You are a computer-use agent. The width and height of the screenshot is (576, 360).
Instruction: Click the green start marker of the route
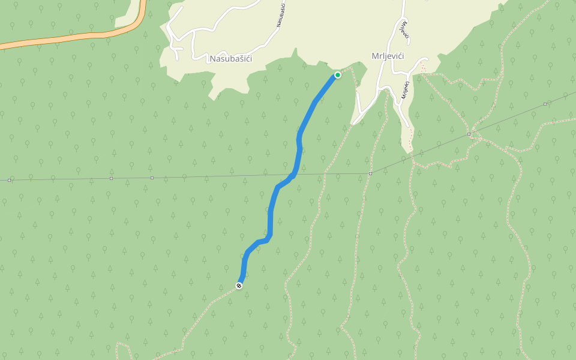tap(337, 75)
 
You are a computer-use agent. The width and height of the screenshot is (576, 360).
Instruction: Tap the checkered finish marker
tap(239, 286)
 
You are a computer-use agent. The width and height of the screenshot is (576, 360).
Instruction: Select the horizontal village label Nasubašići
tap(231, 59)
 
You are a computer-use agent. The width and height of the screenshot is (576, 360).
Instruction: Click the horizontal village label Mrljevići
tap(388, 56)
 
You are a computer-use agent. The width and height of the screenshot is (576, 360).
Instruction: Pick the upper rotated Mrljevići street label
tap(405, 31)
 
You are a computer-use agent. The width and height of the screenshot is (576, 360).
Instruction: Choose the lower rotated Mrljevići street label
tap(405, 90)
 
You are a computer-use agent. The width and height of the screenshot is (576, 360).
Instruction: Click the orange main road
tap(72, 38)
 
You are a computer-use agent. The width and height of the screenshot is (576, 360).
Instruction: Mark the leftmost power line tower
tap(10, 180)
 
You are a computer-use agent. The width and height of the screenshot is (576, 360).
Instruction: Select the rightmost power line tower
tap(545, 104)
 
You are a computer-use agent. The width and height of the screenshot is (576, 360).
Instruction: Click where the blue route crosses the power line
tap(294, 175)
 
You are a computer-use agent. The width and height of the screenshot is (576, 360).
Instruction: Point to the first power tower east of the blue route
tap(370, 173)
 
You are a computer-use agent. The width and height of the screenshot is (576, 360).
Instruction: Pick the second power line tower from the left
tap(111, 178)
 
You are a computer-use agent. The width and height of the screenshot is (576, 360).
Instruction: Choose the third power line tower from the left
tap(152, 178)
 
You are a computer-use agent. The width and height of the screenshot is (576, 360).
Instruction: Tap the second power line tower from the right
tap(469, 134)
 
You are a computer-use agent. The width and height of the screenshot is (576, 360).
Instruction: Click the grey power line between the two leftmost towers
tap(60, 179)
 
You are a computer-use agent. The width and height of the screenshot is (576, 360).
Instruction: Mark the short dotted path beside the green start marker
tap(347, 70)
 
